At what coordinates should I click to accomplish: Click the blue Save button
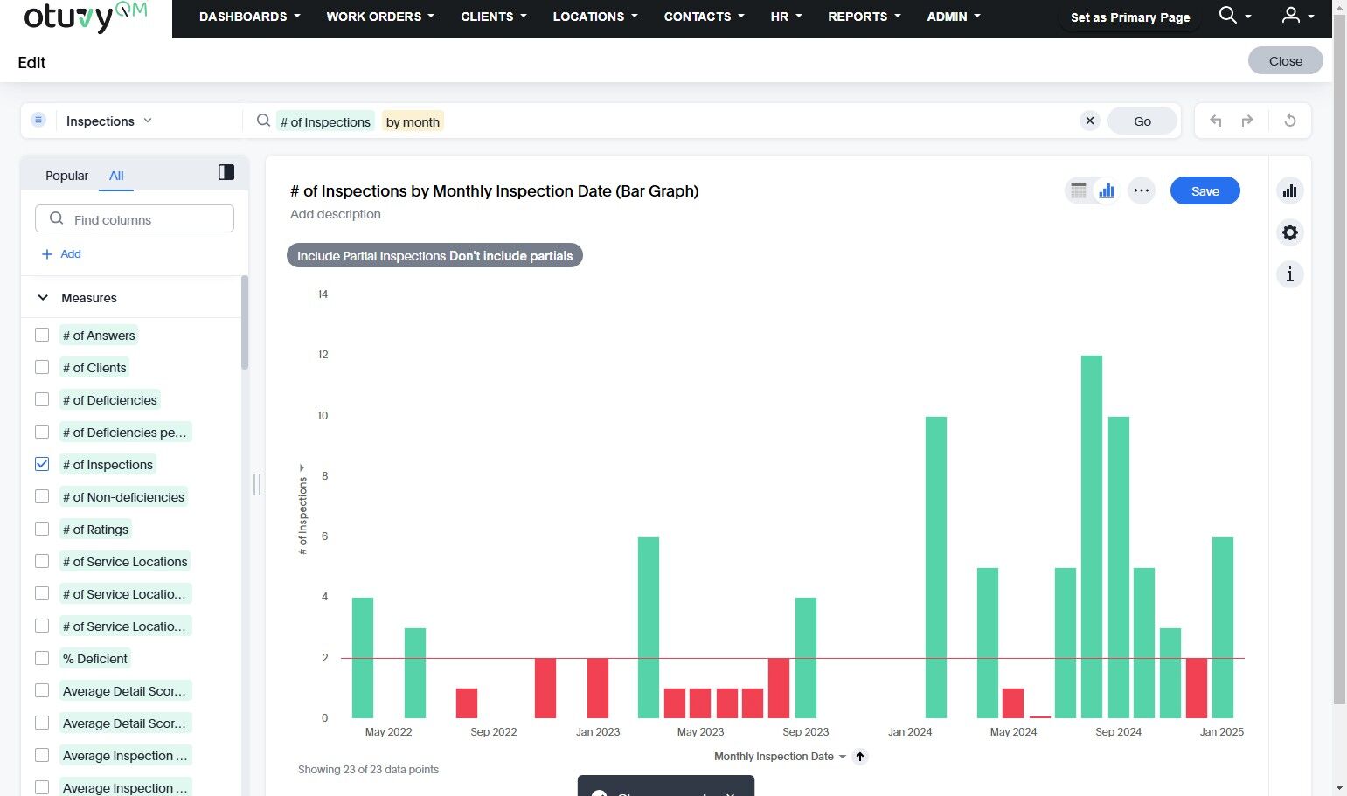click(x=1205, y=191)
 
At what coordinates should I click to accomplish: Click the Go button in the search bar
click(x=1142, y=121)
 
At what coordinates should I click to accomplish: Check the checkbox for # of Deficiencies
click(x=42, y=400)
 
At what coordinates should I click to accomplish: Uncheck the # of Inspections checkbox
click(x=42, y=465)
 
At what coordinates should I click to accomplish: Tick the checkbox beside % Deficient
click(x=42, y=659)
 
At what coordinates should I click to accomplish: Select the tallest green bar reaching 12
click(x=1091, y=536)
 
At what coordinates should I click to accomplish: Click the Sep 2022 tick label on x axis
click(x=493, y=732)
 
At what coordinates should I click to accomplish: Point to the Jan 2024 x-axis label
click(x=910, y=732)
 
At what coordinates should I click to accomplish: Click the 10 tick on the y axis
click(x=323, y=416)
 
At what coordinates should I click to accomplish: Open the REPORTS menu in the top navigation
click(x=864, y=17)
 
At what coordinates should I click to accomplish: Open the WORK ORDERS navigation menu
click(x=379, y=17)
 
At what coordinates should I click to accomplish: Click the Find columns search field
click(x=135, y=219)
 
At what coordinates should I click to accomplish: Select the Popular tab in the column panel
click(x=66, y=176)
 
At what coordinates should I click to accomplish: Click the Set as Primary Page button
click(x=1129, y=17)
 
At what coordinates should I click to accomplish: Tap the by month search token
click(x=413, y=122)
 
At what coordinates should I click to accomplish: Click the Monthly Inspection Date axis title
click(x=774, y=757)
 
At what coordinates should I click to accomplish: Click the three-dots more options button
click(x=1141, y=190)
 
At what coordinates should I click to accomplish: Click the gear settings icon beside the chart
click(x=1289, y=232)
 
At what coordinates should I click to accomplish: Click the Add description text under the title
click(x=336, y=214)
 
